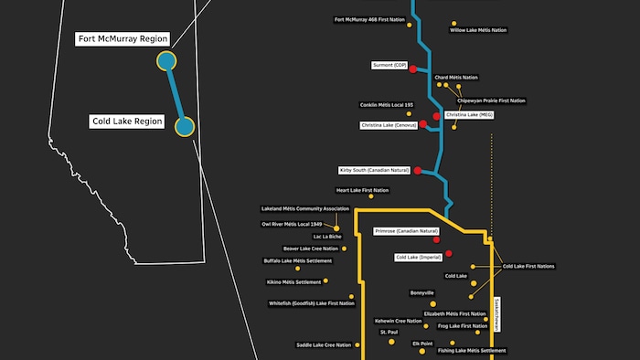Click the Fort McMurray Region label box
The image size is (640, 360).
[x=122, y=39]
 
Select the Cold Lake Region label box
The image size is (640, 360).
[x=127, y=121]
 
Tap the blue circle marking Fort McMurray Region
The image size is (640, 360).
[x=166, y=61]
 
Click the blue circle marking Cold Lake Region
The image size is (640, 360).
[x=185, y=126]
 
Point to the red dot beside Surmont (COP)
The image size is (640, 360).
[x=412, y=69]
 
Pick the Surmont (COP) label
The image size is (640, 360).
[x=389, y=66]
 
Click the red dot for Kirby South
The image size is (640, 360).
[x=418, y=171]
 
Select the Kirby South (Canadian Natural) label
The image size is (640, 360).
[x=374, y=171]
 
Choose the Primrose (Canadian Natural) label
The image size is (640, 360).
[x=406, y=232]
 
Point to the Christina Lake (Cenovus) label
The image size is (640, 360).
[x=389, y=125]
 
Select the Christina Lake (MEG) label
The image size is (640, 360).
[x=469, y=115]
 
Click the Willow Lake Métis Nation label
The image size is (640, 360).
[x=478, y=30]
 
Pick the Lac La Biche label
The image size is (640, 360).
[x=326, y=237]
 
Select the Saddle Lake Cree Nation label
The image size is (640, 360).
[x=324, y=344]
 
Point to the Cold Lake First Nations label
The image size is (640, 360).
[x=528, y=266]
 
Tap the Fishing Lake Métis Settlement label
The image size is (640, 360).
[x=472, y=350]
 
